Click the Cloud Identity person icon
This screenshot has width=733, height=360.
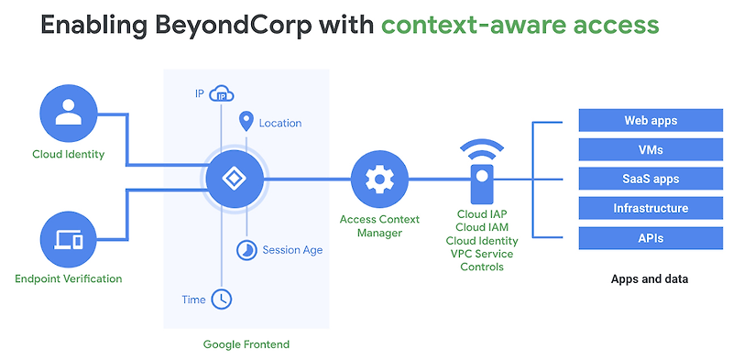(68, 112)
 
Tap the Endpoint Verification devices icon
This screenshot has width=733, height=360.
(68, 240)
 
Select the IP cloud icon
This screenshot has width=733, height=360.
(221, 93)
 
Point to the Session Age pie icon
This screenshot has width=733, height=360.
(246, 250)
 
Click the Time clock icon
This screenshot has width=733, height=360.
(221, 299)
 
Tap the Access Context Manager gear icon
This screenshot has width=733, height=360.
(378, 179)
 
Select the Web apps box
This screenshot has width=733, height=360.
(651, 120)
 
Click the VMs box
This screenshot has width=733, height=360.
(651, 149)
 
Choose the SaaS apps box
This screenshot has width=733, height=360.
(651, 179)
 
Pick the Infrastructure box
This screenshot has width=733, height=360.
(651, 208)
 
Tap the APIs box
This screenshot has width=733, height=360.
(651, 238)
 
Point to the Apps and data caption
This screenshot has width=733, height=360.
(650, 278)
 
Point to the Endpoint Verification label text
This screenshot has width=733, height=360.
(68, 278)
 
